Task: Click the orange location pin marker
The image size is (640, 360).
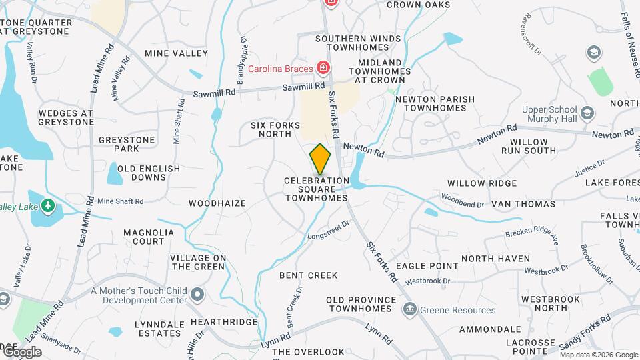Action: click(320, 159)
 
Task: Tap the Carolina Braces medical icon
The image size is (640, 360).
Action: click(323, 67)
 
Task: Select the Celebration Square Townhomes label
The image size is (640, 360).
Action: click(317, 189)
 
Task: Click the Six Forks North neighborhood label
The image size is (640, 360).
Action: click(271, 129)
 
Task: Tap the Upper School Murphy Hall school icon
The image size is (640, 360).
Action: click(587, 113)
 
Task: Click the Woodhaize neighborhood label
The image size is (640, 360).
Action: click(217, 203)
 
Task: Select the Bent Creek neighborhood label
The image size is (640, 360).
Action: click(308, 275)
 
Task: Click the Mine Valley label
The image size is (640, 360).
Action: click(172, 53)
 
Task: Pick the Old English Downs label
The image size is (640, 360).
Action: click(149, 173)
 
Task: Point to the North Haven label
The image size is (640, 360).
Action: click(495, 259)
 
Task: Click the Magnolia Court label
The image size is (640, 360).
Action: click(149, 237)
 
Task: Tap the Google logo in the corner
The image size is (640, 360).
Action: click(21, 351)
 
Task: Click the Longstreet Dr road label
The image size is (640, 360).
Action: click(329, 231)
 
